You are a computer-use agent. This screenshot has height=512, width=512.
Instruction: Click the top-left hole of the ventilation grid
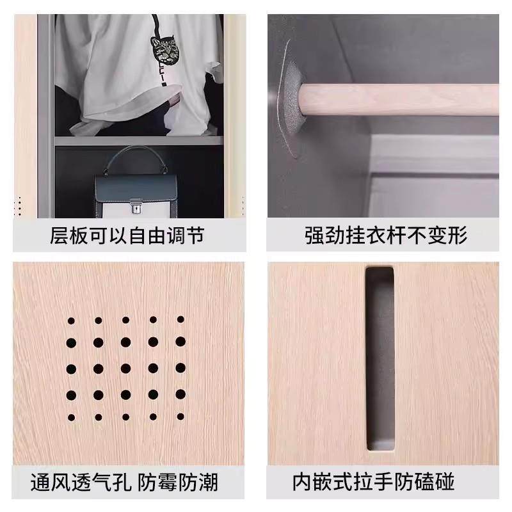71,320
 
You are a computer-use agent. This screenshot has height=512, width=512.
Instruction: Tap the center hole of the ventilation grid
125,368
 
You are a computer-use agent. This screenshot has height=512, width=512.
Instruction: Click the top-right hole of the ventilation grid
180,319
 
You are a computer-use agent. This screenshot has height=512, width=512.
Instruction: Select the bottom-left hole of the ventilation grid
71,417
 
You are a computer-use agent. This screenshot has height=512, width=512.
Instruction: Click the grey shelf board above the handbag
138,140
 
